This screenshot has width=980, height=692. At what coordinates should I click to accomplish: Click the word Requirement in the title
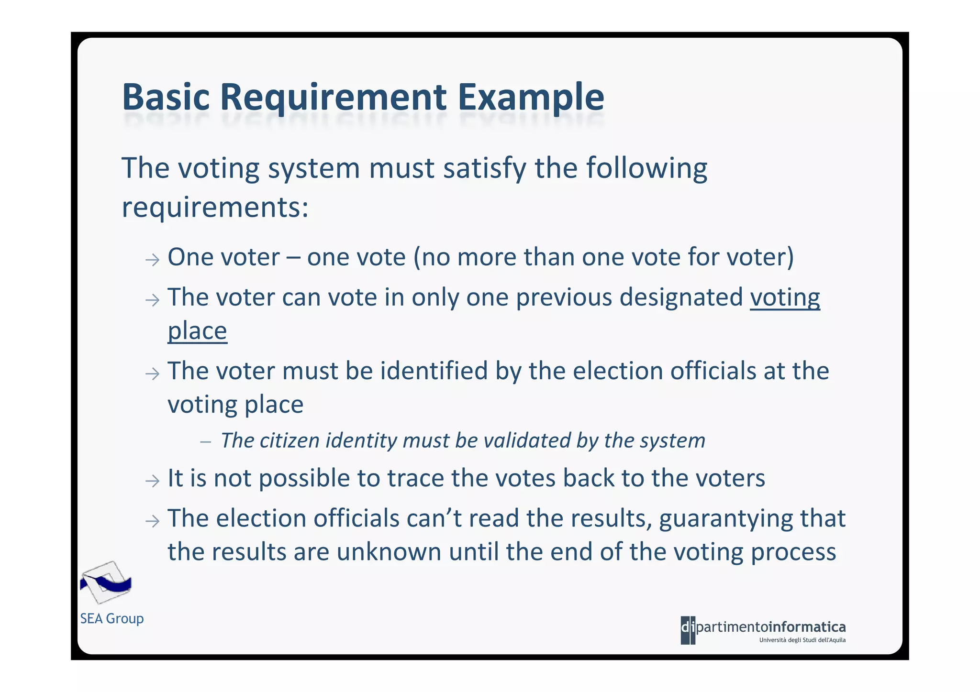click(333, 98)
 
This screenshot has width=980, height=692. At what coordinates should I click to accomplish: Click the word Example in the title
click(531, 98)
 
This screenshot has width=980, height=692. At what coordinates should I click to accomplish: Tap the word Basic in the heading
click(166, 98)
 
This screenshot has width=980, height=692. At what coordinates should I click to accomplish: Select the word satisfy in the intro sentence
click(485, 168)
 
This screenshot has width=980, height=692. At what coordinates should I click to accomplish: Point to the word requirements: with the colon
click(215, 208)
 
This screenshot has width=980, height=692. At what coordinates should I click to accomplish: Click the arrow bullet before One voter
click(152, 260)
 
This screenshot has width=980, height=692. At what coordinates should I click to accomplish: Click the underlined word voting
click(785, 297)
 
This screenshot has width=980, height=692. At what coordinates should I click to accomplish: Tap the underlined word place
click(197, 331)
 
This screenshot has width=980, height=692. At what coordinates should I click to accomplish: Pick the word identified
click(434, 371)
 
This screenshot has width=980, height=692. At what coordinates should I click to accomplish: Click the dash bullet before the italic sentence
click(206, 442)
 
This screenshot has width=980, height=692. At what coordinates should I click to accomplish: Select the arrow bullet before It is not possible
click(152, 481)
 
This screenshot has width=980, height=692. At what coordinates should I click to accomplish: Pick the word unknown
click(388, 552)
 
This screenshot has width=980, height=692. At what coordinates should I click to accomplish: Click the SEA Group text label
click(112, 618)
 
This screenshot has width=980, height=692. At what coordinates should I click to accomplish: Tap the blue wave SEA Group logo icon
click(106, 582)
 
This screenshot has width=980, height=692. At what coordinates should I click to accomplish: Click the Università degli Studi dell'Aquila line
click(802, 640)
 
